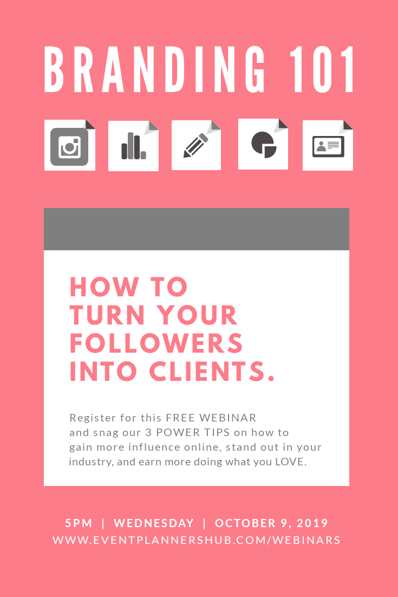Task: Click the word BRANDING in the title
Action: coord(155,70)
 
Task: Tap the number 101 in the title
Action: coord(323,70)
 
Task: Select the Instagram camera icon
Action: coord(69,146)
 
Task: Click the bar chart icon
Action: coord(133,146)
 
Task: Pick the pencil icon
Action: coord(195,145)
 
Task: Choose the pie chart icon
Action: coord(264,144)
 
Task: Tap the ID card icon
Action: coord(328,146)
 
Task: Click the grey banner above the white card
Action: coord(197,229)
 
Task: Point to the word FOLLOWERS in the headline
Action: coord(156,343)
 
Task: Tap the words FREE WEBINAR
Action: coord(211,418)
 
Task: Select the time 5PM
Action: coord(79,523)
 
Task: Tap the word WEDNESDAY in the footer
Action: coord(154,523)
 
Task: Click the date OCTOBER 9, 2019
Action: coord(272,523)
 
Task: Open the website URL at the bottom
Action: coord(197,540)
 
